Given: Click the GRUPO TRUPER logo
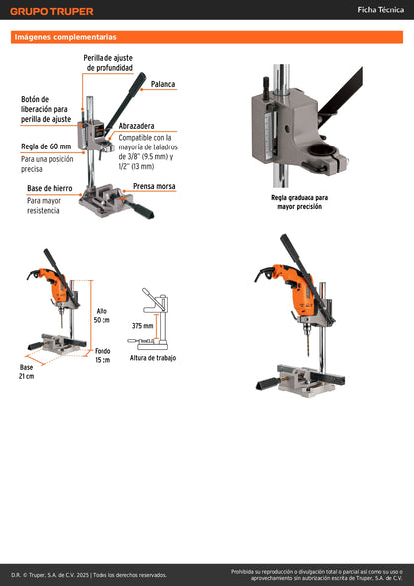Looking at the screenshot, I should (52, 11).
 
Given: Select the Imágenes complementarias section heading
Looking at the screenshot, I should (66, 37).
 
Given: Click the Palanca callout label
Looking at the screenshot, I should (163, 84).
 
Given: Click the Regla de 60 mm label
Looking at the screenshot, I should (47, 146).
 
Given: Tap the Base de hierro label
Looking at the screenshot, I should (48, 188).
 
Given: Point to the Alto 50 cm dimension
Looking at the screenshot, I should (102, 315).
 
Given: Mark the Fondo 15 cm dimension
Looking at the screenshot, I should (103, 355).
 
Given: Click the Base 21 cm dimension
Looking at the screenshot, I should (26, 371).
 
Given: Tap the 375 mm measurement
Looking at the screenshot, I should (142, 326).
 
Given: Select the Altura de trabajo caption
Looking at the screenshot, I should (154, 357).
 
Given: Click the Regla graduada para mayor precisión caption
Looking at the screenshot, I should (299, 202).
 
